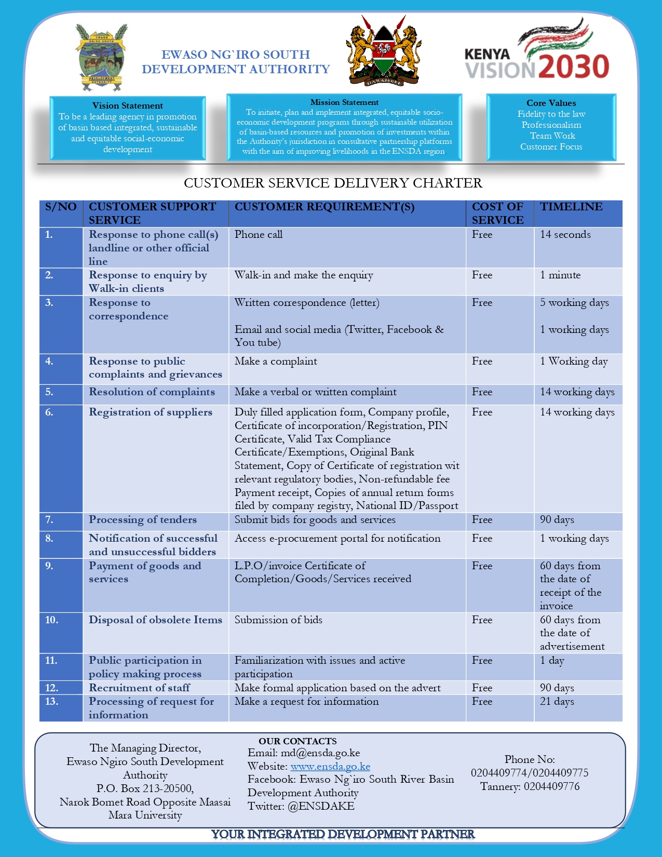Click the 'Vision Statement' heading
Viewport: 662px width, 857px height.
[x=128, y=105]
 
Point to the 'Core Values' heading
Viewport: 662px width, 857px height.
[x=551, y=103]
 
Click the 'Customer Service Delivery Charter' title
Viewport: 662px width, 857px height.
[x=333, y=183]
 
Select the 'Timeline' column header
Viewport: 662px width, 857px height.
[x=571, y=207]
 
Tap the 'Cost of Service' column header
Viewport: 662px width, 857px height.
[x=497, y=213]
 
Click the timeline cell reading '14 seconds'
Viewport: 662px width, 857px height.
[x=565, y=234]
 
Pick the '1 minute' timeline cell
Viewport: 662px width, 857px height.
[x=560, y=275]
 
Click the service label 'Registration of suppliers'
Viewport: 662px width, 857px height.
[x=151, y=412]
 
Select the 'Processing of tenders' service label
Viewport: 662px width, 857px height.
[x=143, y=519]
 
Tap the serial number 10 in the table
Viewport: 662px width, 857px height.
[x=51, y=620]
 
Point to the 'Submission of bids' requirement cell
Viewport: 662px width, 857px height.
[x=278, y=620]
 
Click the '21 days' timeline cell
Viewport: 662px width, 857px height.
[x=557, y=701]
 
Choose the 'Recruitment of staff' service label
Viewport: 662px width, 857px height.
[x=139, y=688]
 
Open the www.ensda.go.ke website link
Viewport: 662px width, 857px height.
[x=330, y=766]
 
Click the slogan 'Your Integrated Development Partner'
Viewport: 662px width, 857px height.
[x=343, y=834]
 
